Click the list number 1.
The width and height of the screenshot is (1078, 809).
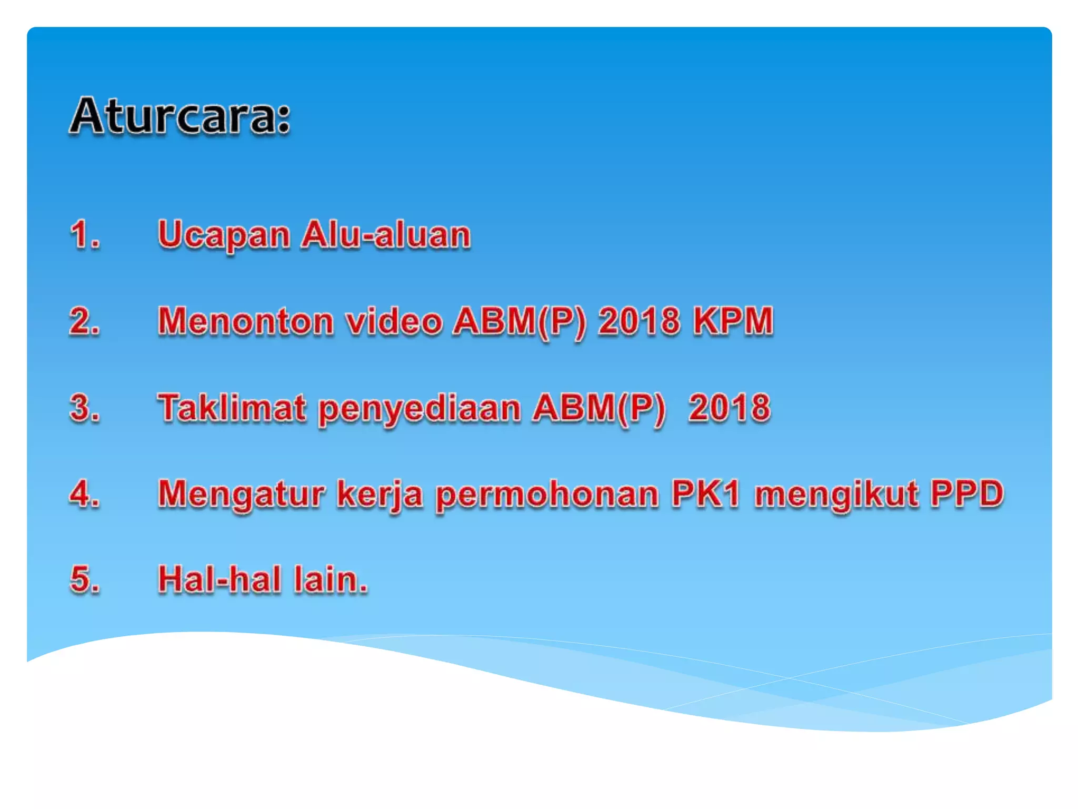84,234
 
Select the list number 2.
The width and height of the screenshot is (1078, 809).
84,321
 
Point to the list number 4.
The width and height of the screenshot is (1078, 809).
84,494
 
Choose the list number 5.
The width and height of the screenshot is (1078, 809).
84,579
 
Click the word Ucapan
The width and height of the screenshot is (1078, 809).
224,235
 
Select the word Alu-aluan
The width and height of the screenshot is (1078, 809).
386,234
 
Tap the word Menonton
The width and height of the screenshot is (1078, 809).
246,321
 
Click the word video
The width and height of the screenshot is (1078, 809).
394,321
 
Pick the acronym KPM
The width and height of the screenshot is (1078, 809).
733,321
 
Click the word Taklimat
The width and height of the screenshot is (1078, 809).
232,408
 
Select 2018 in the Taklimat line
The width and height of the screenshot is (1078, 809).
730,408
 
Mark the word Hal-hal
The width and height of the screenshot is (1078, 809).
219,579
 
